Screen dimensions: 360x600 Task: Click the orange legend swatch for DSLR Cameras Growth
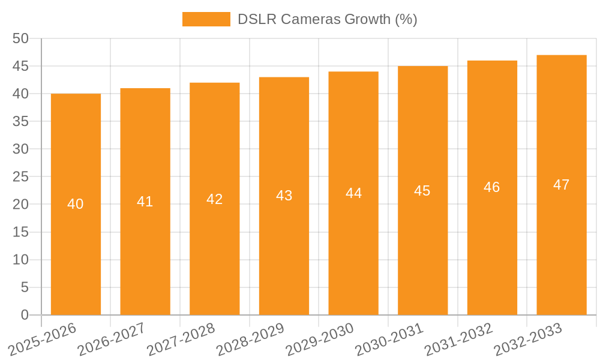[x=206, y=19]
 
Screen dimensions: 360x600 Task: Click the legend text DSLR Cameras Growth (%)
[x=327, y=19]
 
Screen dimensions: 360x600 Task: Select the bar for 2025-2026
[x=76, y=240]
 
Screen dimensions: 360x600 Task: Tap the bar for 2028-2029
[x=284, y=240]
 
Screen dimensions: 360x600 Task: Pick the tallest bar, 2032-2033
[x=562, y=240]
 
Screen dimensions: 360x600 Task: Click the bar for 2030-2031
[x=422, y=240]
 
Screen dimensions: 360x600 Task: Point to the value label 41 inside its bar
[x=145, y=202]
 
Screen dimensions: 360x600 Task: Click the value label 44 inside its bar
[x=353, y=193]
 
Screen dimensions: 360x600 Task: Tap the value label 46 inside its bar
[x=492, y=187]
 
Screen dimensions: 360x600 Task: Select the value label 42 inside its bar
[x=214, y=199]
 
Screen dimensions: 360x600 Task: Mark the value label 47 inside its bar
[x=562, y=185]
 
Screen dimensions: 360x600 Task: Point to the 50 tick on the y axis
[x=20, y=38]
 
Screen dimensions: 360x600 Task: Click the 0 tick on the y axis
[x=25, y=315]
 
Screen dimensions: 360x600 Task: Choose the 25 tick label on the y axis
[x=20, y=177]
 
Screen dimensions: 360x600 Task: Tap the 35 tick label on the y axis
[x=20, y=122]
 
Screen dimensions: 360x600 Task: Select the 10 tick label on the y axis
[x=20, y=260]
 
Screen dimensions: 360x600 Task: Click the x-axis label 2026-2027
[x=112, y=339]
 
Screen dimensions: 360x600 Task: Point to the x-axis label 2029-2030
[x=320, y=339]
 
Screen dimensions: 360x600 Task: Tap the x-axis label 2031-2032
[x=459, y=339]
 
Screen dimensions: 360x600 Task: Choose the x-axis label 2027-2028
[x=181, y=339]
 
